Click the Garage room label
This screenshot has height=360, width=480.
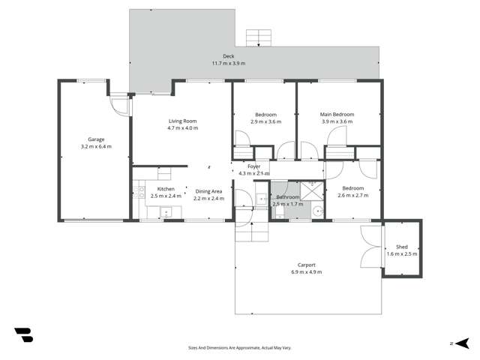(x=96, y=139)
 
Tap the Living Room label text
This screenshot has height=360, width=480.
(x=182, y=121)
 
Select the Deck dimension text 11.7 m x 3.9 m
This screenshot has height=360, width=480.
(x=229, y=63)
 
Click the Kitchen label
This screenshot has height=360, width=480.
(x=166, y=188)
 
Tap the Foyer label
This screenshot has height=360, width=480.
(x=253, y=166)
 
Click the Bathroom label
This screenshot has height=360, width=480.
(x=286, y=196)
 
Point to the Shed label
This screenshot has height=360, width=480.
(x=402, y=246)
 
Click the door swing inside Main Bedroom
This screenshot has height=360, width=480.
(x=336, y=136)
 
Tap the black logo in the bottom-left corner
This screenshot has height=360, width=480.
(x=24, y=334)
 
